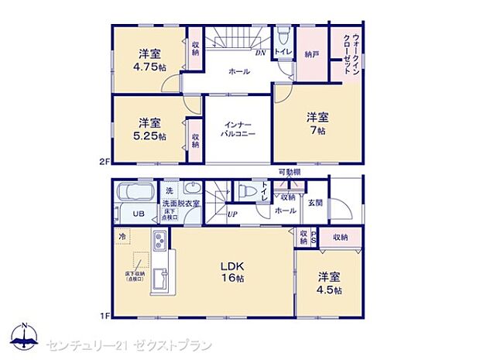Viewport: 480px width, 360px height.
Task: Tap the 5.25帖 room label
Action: coord(149,129)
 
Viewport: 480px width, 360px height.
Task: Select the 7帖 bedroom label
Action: coord(317,124)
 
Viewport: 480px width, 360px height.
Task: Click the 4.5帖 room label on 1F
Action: coord(329,284)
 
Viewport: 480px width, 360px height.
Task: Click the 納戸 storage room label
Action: coord(311,54)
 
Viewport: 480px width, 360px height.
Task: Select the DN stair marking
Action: coord(261,54)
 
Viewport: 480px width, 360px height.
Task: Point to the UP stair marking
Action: coord(232,214)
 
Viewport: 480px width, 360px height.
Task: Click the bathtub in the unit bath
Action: coord(135,193)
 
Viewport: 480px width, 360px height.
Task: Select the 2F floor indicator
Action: coord(104,163)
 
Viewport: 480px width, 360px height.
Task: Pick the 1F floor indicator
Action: coord(104,316)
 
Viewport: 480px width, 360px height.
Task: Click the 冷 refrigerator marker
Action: coord(122,235)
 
